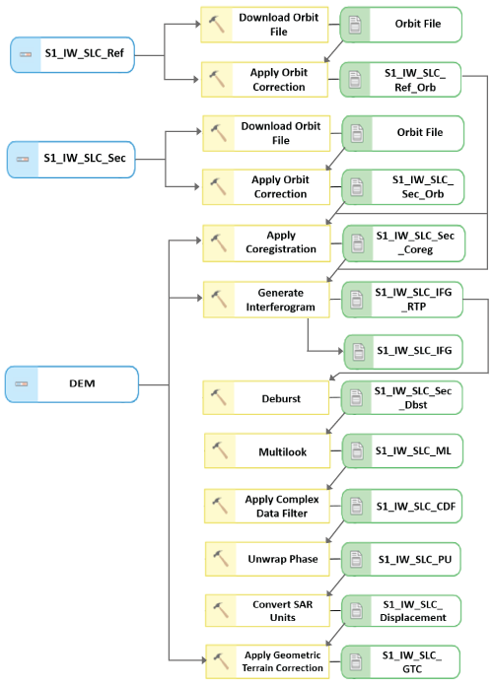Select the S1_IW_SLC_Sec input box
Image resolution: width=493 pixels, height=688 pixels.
click(x=71, y=158)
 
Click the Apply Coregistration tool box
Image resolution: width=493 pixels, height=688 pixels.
click(x=267, y=242)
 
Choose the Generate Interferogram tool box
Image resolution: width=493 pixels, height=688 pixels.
click(x=267, y=300)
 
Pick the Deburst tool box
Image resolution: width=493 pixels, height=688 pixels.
click(x=267, y=398)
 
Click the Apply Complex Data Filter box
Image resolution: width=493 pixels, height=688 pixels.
click(x=267, y=506)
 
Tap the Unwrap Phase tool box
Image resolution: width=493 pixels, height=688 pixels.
click(x=267, y=559)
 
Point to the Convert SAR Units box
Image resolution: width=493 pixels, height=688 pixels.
click(x=267, y=611)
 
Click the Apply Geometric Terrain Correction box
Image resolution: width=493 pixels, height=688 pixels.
click(x=267, y=660)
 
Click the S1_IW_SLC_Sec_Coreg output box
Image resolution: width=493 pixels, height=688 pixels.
click(x=401, y=243)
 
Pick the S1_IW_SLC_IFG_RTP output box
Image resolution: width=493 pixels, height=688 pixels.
click(x=401, y=300)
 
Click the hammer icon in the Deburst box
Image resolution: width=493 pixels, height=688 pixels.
click(x=220, y=399)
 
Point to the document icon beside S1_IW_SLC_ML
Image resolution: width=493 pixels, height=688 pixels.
click(x=356, y=451)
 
